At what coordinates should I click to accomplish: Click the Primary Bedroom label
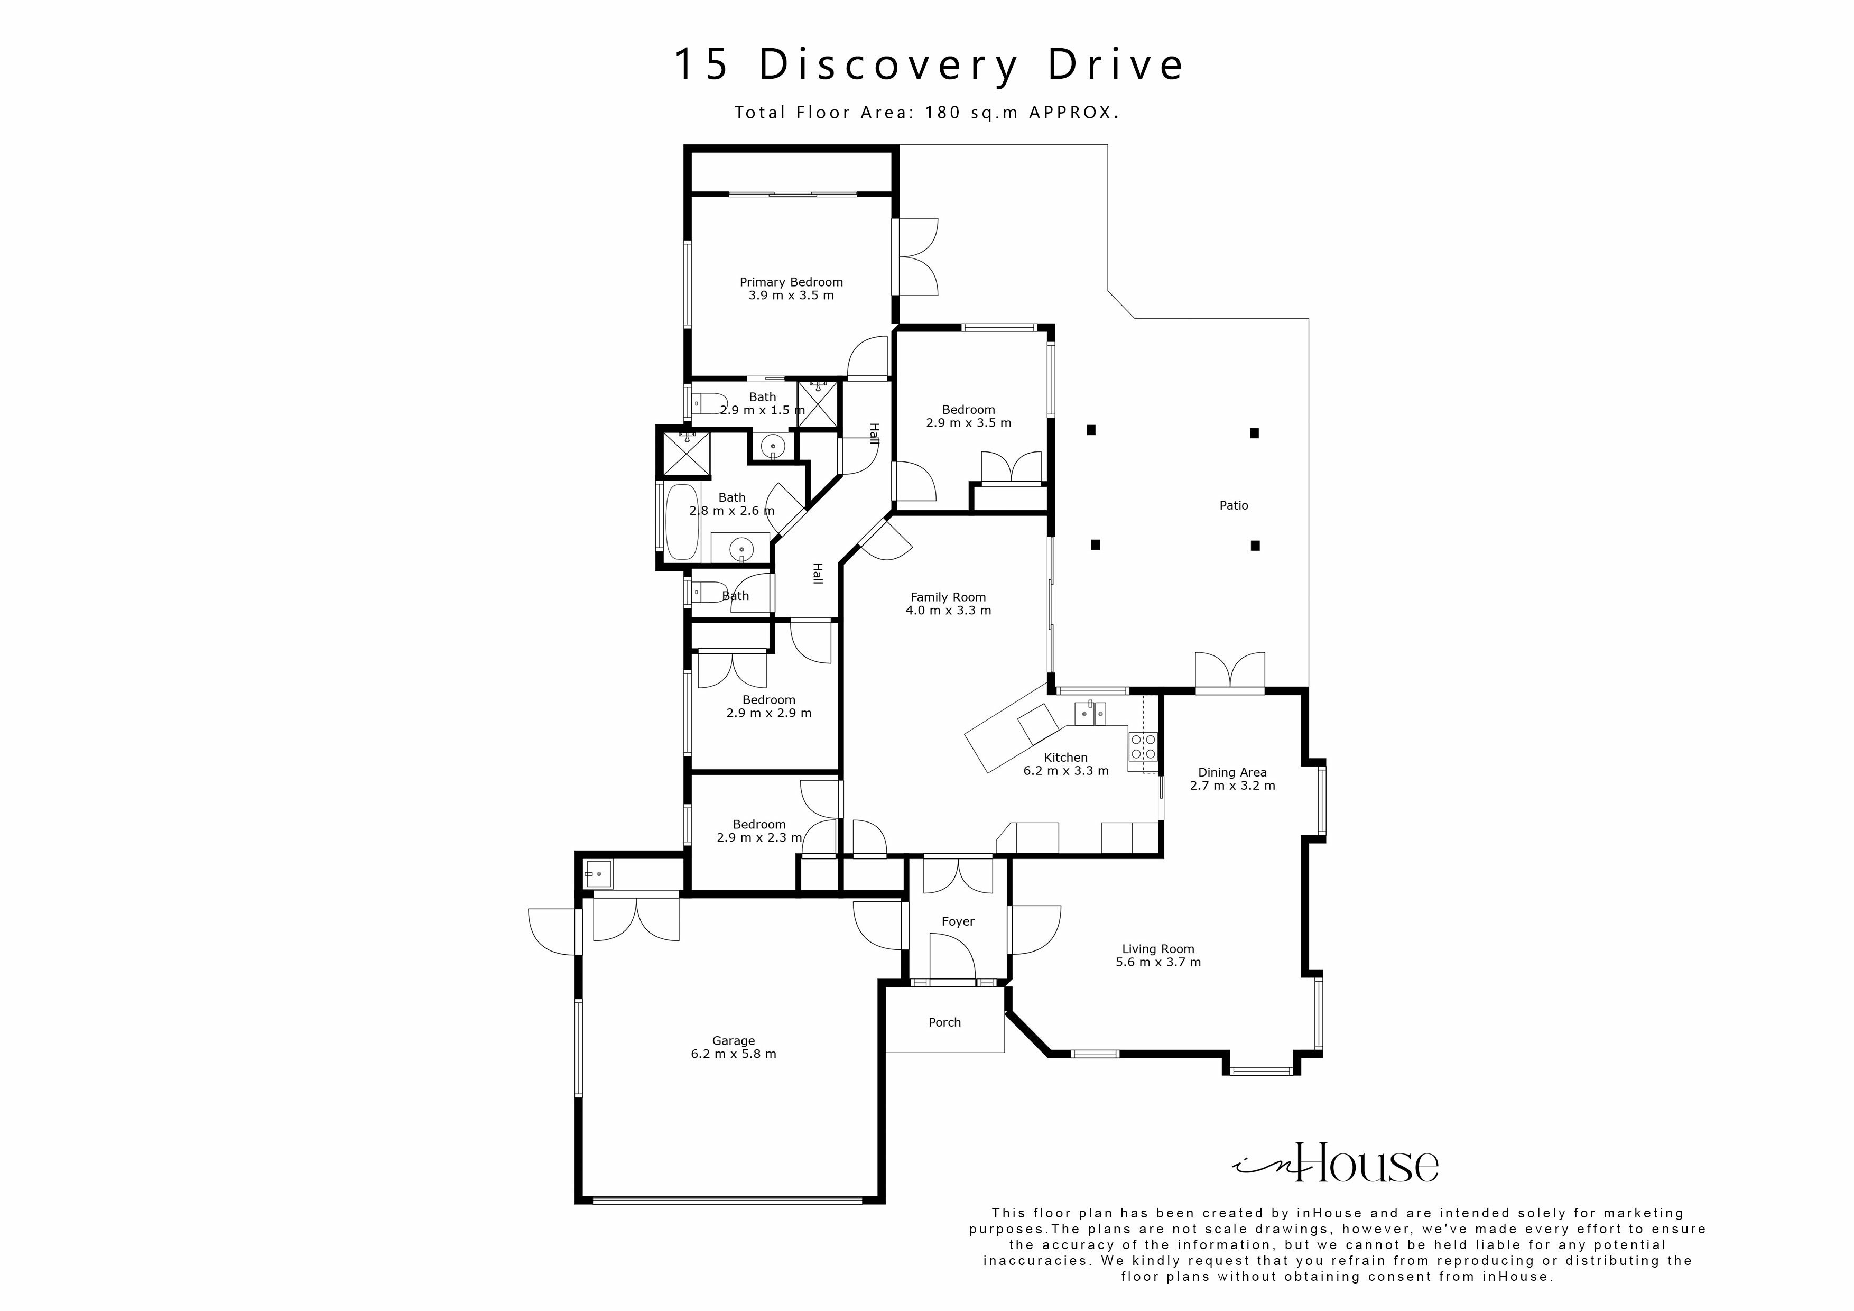[791, 282]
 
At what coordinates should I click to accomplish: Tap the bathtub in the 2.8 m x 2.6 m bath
[682, 522]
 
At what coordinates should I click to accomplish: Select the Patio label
[1233, 506]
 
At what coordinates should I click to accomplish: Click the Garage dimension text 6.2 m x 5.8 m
[733, 1054]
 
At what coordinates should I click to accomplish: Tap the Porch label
[944, 1022]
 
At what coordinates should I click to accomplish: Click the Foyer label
[958, 921]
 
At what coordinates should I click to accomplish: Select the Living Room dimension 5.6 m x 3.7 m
[1158, 963]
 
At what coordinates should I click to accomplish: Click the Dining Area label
[1231, 772]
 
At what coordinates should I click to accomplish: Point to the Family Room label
[948, 597]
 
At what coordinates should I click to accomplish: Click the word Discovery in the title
[889, 64]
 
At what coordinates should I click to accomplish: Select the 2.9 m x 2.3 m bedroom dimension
[759, 838]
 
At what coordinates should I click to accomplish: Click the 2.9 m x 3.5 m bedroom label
[968, 410]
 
